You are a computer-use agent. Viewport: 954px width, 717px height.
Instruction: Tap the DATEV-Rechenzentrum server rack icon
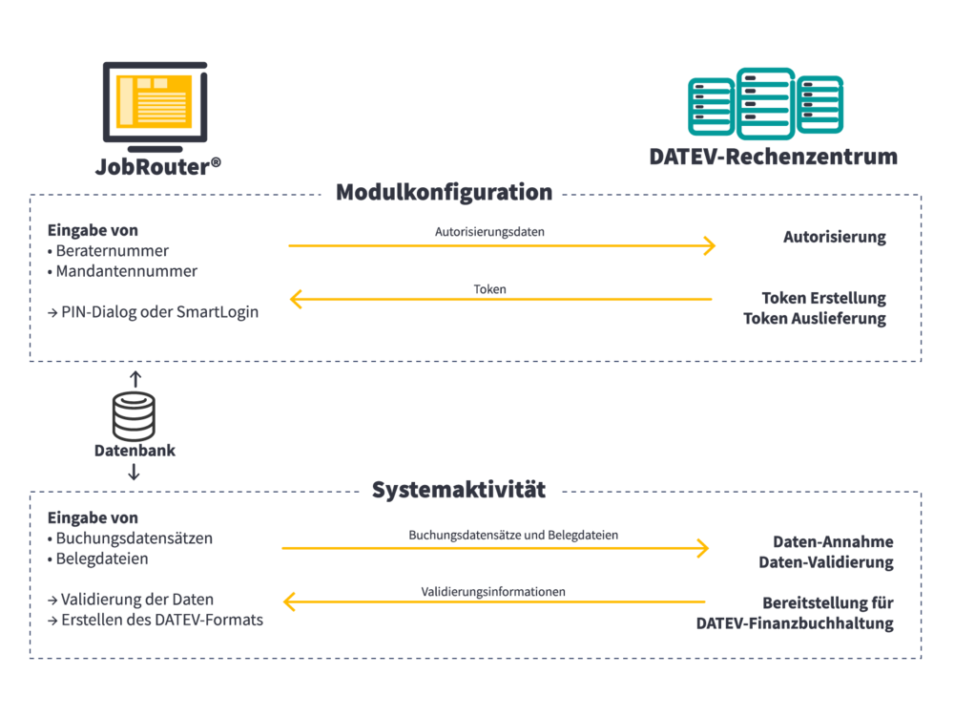tap(765, 103)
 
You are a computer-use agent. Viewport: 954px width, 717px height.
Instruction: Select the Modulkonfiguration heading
tap(445, 192)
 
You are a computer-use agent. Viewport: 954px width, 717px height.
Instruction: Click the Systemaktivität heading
tap(459, 490)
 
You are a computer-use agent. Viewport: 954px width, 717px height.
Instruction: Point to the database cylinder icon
tap(134, 417)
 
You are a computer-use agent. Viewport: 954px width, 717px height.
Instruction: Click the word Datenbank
tap(135, 451)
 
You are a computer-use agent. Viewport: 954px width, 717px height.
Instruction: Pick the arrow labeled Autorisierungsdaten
tap(502, 246)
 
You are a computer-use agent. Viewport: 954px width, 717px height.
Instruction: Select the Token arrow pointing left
tap(501, 299)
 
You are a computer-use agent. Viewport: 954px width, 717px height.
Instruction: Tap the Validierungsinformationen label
tap(493, 592)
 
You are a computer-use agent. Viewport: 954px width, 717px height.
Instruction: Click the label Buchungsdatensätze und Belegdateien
tap(513, 535)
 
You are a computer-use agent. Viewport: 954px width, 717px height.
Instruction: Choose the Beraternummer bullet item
tap(109, 251)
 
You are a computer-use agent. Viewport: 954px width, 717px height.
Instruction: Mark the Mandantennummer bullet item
tap(122, 271)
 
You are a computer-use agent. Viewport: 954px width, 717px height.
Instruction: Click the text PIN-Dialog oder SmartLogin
tap(154, 312)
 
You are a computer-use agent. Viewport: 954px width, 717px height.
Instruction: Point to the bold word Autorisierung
tap(834, 237)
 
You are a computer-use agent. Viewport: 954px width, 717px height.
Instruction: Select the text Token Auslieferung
tap(815, 318)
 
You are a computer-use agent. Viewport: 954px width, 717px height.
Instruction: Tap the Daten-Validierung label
tap(825, 561)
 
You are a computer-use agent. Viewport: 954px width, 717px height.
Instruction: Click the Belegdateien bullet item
tap(98, 559)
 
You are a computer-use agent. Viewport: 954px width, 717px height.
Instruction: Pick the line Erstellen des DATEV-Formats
tap(156, 620)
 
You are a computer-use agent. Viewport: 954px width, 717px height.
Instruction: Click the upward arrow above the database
tap(135, 379)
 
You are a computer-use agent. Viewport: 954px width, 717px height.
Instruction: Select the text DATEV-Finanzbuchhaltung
tap(795, 623)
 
